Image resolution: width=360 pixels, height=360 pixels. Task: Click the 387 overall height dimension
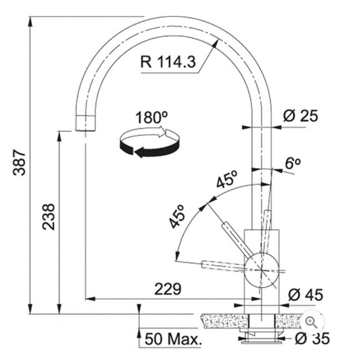[19, 162]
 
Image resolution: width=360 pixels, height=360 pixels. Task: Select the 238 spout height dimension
[48, 217]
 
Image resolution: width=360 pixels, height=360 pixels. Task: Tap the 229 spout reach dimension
[168, 289]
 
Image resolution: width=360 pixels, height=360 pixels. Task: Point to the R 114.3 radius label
[168, 62]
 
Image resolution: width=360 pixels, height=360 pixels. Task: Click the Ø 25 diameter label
[301, 116]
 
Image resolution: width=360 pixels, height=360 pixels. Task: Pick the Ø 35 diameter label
[312, 338]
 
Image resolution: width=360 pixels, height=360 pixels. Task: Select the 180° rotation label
[151, 118]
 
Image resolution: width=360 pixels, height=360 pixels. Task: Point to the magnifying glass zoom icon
[312, 322]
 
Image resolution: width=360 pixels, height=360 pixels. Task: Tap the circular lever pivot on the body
[262, 270]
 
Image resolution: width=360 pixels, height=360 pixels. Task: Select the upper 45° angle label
[227, 179]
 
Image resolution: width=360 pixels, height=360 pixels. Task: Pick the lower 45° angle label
[177, 217]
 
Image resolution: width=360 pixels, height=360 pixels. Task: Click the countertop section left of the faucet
[225, 321]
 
